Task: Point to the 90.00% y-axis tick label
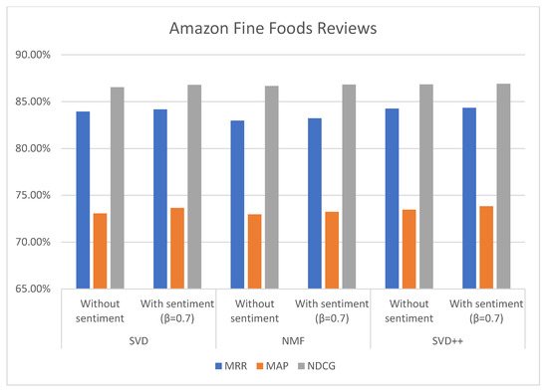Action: pos(36,55)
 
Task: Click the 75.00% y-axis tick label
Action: pos(36,195)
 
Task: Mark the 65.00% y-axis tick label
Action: pos(36,289)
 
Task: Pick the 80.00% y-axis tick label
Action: pos(36,148)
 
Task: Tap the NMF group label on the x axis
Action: pos(294,339)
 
